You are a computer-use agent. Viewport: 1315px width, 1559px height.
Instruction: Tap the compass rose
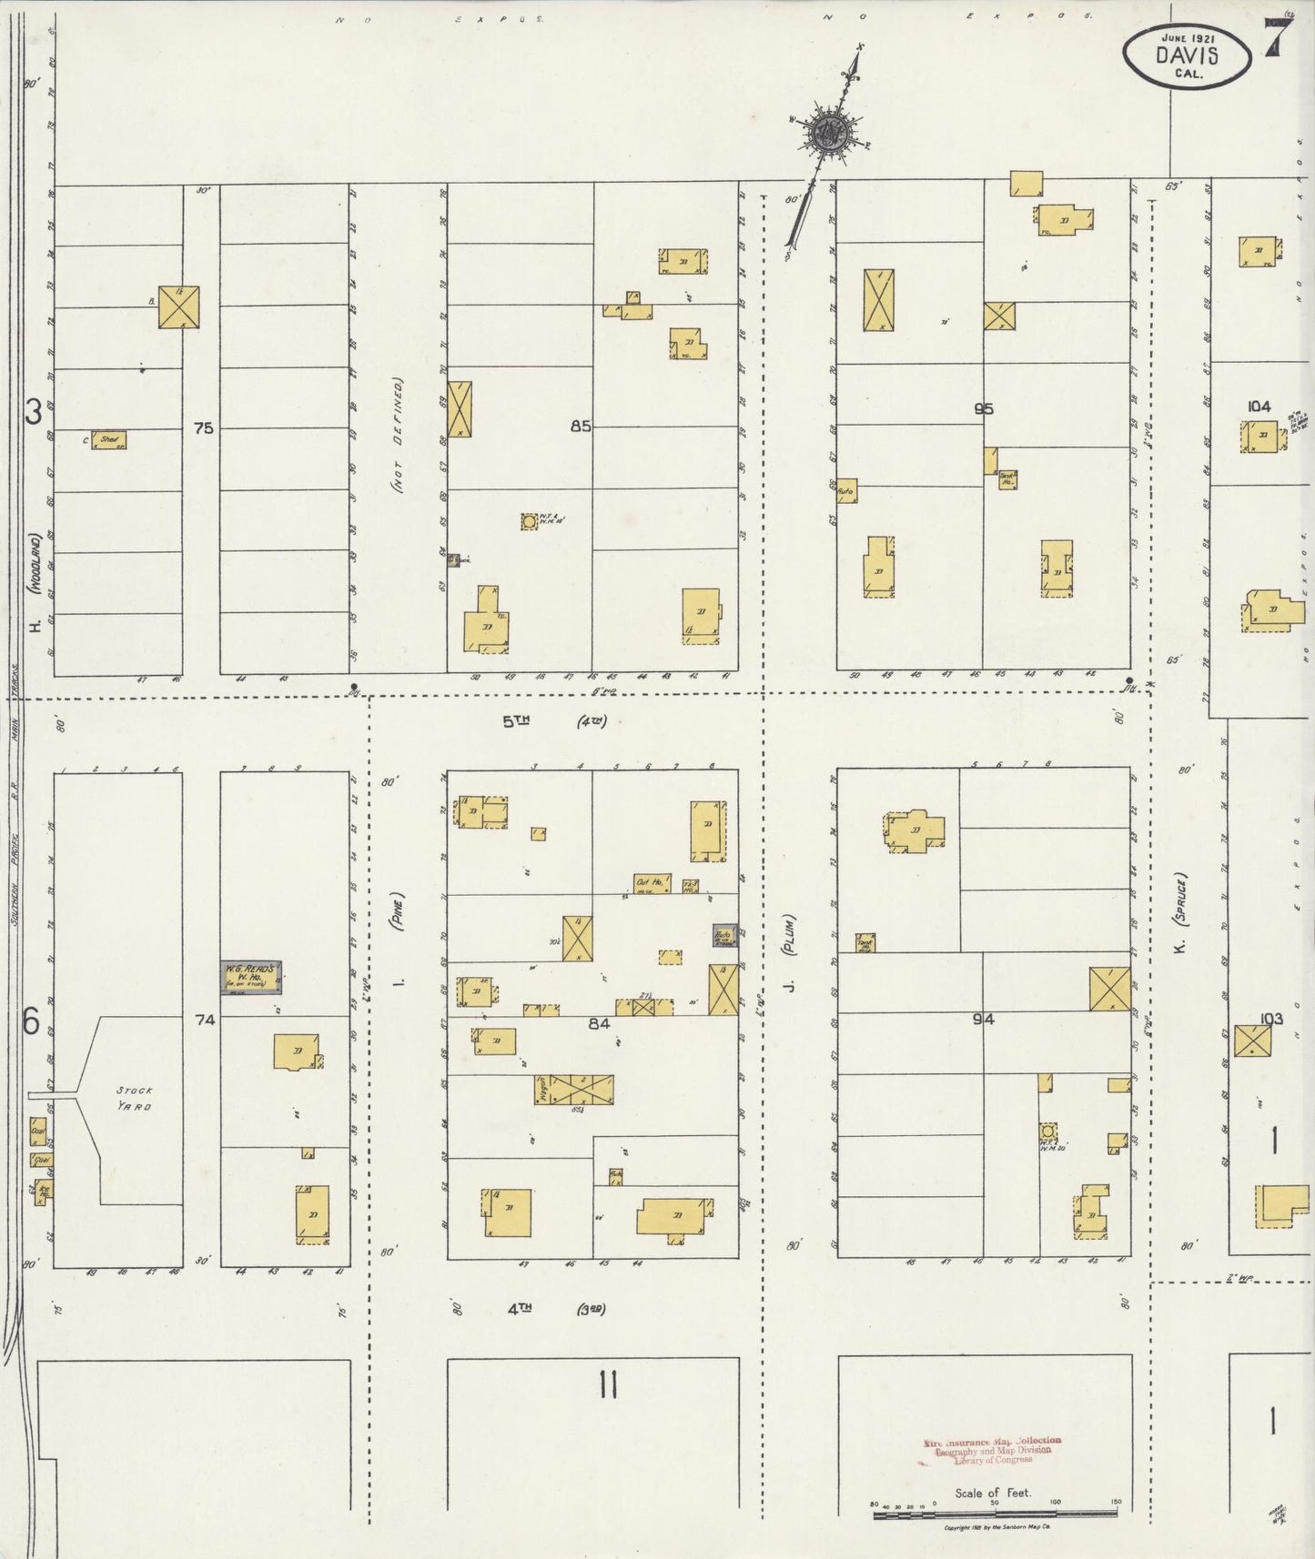click(831, 133)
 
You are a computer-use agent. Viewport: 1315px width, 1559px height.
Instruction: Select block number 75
click(203, 427)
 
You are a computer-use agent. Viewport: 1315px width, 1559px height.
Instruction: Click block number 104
click(1259, 407)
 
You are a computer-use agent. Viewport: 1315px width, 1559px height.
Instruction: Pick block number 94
click(983, 1020)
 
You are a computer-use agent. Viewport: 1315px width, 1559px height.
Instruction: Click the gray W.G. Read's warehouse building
click(251, 976)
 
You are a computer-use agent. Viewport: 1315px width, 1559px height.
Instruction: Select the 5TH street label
click(516, 721)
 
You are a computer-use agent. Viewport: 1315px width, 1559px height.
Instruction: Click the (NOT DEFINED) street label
click(398, 437)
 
